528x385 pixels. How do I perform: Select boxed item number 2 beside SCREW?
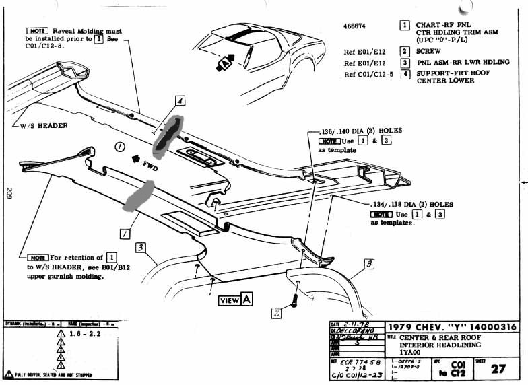(405, 51)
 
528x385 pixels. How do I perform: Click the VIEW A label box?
(235, 300)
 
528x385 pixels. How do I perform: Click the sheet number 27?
(499, 368)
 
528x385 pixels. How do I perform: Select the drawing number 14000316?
(486, 327)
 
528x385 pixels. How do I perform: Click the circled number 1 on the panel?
(119, 146)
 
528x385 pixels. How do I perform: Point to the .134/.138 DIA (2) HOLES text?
(414, 204)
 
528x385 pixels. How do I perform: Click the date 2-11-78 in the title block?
(355, 324)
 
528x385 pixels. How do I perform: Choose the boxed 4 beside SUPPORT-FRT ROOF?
(405, 73)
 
